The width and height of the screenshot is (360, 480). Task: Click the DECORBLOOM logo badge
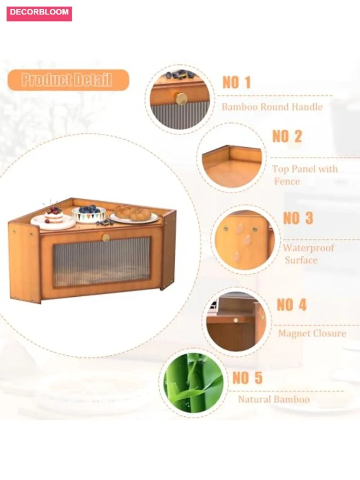point(39,14)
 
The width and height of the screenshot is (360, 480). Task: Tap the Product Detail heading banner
point(68,80)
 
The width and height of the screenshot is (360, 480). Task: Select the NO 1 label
point(237,82)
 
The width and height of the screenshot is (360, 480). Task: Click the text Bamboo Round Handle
point(272,107)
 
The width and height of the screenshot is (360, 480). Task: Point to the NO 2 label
point(287,136)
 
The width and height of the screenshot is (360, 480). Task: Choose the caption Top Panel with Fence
point(305,175)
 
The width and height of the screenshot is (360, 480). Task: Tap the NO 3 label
point(298,218)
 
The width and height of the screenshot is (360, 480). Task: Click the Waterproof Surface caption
point(309,254)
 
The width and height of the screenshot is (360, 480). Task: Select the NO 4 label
point(292,305)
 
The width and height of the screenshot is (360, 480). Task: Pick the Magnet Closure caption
point(312,333)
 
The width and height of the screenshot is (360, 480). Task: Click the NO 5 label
point(247,377)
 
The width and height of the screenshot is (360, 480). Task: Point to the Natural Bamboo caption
point(274,399)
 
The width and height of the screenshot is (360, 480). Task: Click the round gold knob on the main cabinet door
point(106,238)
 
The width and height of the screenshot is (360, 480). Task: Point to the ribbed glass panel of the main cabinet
point(102,262)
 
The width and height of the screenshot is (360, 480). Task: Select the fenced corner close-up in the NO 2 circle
point(232,166)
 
